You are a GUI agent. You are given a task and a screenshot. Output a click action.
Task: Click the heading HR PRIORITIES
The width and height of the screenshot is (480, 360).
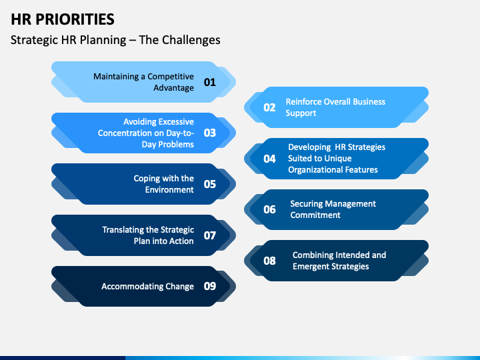(63, 19)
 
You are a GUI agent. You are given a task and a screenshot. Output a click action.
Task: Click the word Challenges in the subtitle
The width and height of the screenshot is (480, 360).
(191, 40)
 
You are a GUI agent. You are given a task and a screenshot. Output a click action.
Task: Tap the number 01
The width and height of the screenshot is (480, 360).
(210, 82)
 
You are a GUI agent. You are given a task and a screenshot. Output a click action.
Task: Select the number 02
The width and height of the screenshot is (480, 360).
(270, 107)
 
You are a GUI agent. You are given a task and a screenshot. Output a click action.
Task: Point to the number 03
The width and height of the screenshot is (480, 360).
(210, 133)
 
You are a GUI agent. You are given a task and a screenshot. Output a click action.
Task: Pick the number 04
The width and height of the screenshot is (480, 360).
(270, 159)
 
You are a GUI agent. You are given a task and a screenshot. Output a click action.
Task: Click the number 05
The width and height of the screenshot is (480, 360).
(210, 184)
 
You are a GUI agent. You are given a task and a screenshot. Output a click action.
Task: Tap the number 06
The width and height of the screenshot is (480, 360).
(270, 209)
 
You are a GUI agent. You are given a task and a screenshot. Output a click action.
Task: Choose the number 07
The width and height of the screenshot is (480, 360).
(210, 235)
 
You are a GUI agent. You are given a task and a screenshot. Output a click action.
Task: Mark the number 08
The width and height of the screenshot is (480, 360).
(270, 261)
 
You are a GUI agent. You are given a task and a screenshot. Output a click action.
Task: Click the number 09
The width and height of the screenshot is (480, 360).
(210, 286)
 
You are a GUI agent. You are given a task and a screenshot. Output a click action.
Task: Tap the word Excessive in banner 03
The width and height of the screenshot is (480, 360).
(176, 122)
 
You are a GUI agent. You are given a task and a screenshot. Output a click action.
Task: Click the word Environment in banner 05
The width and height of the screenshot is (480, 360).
(169, 190)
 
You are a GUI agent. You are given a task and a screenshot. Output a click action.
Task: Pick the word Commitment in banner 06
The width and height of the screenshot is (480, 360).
(315, 215)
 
